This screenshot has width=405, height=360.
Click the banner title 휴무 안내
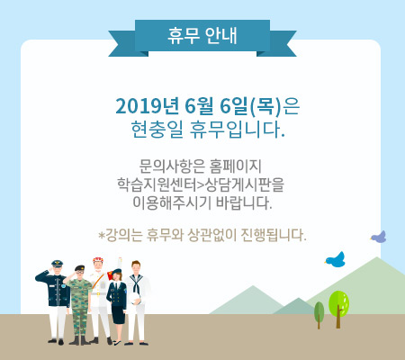(202, 36)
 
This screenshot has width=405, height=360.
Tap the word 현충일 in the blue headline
(157, 130)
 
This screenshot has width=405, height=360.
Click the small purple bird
(379, 237)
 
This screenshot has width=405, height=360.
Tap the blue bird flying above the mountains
(335, 260)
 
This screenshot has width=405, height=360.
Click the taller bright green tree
(338, 309)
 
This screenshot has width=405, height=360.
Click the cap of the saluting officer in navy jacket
(57, 264)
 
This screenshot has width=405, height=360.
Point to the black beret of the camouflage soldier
(79, 267)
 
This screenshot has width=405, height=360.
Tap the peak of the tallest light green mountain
(376, 257)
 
